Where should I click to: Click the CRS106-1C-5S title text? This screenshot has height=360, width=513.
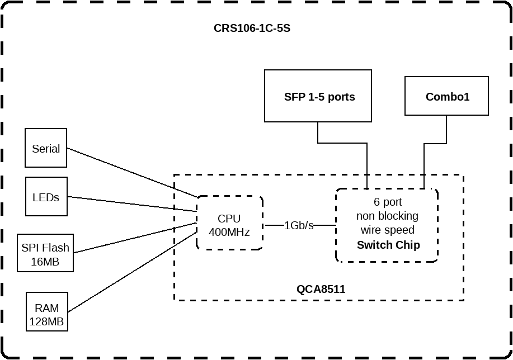coord(252,29)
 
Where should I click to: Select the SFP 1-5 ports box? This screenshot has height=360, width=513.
coord(318,96)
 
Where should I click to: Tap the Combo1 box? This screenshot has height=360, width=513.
coord(446,96)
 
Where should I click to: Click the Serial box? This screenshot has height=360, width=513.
coord(46,148)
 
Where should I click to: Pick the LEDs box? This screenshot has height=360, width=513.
coord(46,197)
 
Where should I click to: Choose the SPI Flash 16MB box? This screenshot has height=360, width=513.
coord(45,253)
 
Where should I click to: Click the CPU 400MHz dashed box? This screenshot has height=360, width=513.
coord(229,222)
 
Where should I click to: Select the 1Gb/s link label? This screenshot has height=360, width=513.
coord(299,225)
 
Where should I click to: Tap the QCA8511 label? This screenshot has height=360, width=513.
coord(321,289)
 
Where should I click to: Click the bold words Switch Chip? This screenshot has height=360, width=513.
coord(388,245)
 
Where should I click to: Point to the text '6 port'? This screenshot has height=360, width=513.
coord(387,202)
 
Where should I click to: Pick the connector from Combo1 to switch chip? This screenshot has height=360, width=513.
coord(435,144)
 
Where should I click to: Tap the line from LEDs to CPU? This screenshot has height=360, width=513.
coord(132,204)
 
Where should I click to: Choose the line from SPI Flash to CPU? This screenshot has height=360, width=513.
coord(134,238)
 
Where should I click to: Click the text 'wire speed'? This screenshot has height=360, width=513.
coord(387,230)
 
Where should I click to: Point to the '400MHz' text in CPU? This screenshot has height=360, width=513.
coord(229,231)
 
